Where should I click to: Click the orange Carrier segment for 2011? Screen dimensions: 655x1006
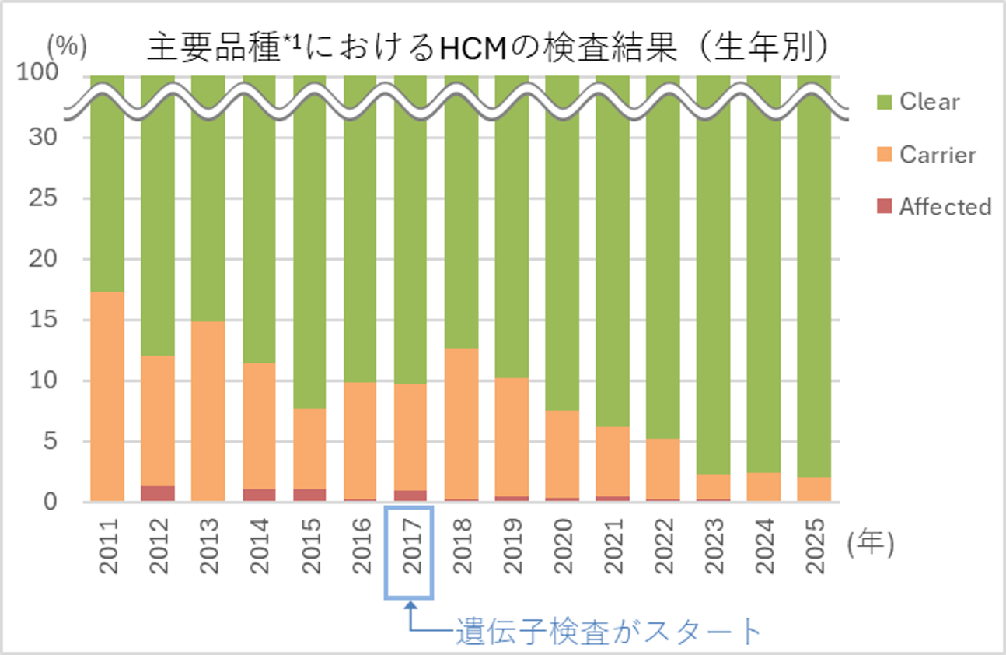coord(107,397)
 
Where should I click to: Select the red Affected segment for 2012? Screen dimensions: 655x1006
coord(158,493)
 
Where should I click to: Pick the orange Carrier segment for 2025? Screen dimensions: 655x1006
coord(814,489)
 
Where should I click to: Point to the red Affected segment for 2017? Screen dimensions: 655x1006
coord(410,496)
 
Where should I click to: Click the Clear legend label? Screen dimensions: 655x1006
coord(929,102)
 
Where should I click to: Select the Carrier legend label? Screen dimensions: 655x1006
coord(937,155)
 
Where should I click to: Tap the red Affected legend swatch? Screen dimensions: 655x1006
coord(885,207)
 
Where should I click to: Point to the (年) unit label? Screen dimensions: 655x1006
coord(871,545)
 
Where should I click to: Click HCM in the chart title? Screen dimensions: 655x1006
coord(476,48)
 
